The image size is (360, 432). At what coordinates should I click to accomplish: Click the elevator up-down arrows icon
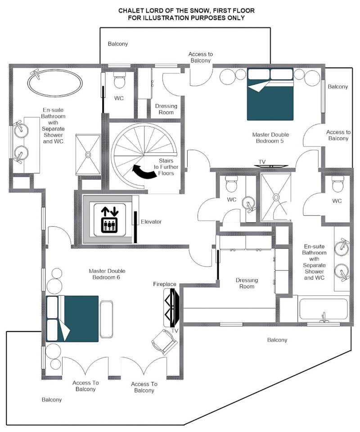point(110,220)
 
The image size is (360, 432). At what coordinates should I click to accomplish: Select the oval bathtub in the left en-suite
point(55,83)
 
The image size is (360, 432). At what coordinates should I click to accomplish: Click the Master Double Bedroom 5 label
point(270,138)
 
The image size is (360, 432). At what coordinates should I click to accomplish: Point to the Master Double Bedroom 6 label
point(107,274)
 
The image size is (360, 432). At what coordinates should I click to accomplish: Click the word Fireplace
point(164,284)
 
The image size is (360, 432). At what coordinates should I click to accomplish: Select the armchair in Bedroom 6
point(164,342)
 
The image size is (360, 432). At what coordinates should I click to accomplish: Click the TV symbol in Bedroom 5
point(270,166)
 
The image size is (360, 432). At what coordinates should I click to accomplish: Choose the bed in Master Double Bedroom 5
point(270,94)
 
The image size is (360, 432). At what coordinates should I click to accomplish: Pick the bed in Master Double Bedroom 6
point(72,318)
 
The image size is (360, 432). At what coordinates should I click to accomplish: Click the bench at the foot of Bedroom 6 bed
point(106,319)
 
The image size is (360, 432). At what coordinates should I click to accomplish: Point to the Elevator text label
point(151,222)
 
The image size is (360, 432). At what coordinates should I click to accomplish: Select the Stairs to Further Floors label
point(166,167)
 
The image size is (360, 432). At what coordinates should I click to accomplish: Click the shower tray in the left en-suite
point(88,155)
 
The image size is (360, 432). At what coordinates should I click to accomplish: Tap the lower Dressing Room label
point(247,283)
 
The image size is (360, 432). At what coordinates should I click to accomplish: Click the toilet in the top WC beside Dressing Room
point(119,80)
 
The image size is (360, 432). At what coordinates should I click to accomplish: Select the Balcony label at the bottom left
point(52,400)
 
